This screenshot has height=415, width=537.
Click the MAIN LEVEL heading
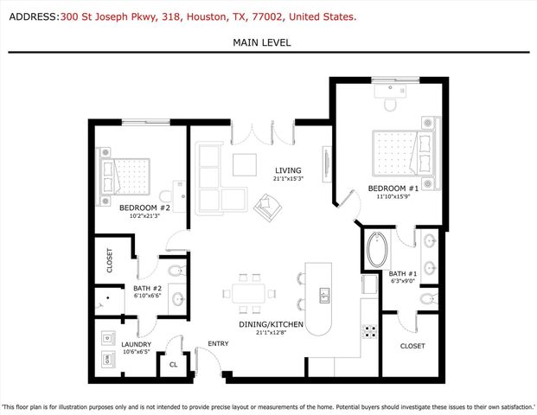coord(261,42)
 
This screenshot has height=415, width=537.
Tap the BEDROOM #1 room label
coord(393,188)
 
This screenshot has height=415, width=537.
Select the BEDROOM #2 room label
coord(144,207)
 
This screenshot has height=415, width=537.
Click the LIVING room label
coord(288,170)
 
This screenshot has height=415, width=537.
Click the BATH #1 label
coord(404,272)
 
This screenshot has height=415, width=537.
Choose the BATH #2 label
coord(147,288)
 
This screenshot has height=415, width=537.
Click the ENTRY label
coord(217,345)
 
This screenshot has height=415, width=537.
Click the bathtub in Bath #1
coord(377,251)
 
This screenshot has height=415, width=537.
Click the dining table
coord(249,294)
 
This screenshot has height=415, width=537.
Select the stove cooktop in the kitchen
coord(369,330)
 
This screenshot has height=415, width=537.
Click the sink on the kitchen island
coord(325,296)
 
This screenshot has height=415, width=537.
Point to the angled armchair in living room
coord(267,206)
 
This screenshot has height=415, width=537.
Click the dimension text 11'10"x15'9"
coord(393,196)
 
